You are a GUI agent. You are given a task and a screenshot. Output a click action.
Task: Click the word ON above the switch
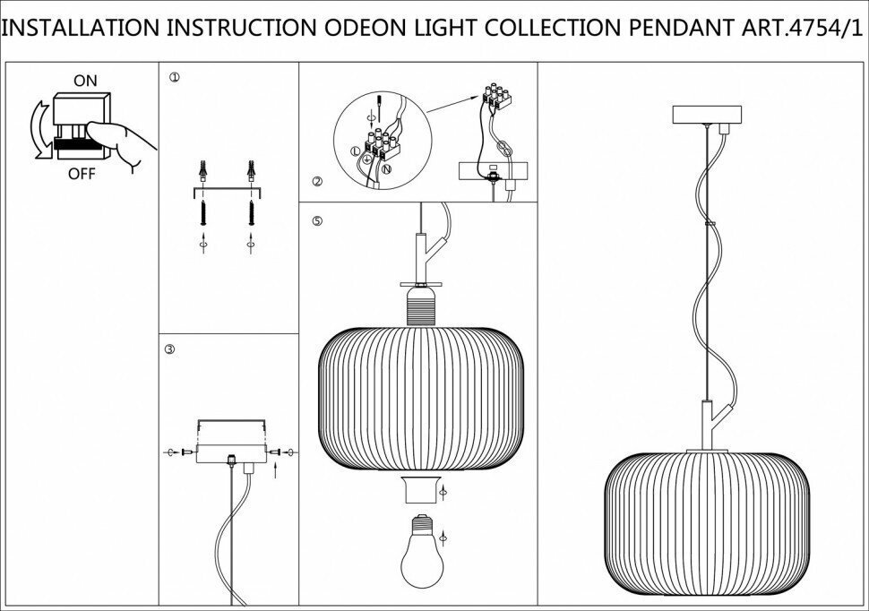(85, 81)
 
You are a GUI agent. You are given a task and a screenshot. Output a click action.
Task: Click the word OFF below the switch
(82, 174)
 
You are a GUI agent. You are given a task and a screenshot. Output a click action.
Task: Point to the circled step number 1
(174, 78)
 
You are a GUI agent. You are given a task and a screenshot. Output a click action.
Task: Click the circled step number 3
(170, 350)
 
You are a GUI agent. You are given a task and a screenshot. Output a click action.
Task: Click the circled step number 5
(316, 219)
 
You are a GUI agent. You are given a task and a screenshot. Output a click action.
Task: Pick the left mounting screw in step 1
(205, 215)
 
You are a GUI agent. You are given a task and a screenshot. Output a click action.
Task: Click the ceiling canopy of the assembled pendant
(708, 115)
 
